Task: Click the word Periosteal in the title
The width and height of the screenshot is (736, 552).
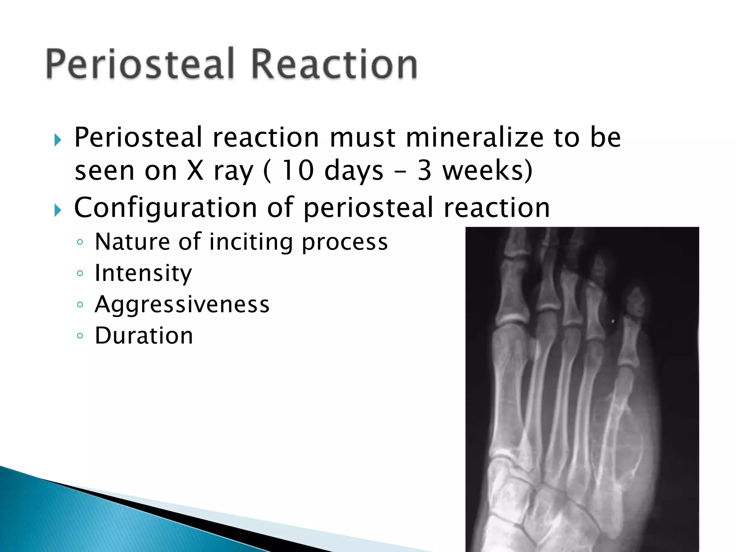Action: click(x=140, y=64)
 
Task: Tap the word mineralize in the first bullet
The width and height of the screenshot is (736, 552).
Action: click(x=475, y=138)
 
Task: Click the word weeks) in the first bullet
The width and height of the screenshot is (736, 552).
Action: click(x=487, y=171)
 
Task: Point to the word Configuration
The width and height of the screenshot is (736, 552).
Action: click(x=165, y=208)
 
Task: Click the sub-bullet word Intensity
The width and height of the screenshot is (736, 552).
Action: click(x=143, y=273)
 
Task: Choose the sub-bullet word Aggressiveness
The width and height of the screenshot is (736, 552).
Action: click(x=182, y=305)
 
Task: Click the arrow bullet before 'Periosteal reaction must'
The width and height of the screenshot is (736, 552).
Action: click(x=58, y=140)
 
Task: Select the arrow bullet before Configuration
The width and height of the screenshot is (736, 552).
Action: click(x=58, y=210)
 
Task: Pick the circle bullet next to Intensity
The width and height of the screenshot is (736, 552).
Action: click(x=80, y=273)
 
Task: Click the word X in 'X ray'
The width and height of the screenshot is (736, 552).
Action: click(x=195, y=171)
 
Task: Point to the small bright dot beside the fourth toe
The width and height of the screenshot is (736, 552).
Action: click(x=613, y=321)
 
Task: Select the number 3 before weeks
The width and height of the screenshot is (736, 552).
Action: click(x=424, y=171)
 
